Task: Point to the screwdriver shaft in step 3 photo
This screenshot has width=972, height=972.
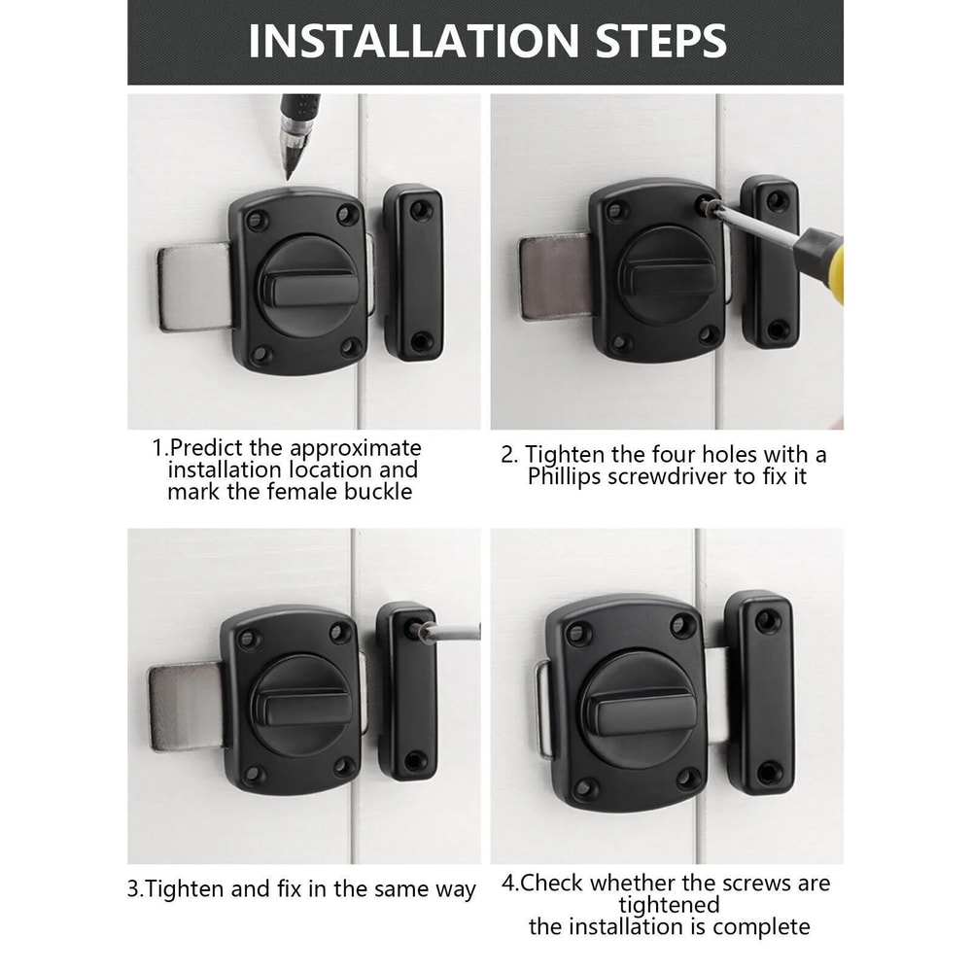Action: click(452, 632)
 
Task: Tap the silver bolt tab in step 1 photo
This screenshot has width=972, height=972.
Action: click(191, 287)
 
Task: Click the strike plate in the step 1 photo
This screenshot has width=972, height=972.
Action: click(416, 272)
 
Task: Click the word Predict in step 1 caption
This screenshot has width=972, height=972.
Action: click(212, 448)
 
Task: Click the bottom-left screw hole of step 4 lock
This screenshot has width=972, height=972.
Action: click(585, 788)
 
